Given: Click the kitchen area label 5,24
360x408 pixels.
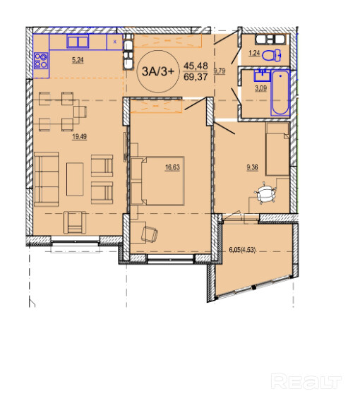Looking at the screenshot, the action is point(78,61).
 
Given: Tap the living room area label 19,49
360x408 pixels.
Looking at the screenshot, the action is point(79,137).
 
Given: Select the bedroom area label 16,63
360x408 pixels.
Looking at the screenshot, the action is point(172,167).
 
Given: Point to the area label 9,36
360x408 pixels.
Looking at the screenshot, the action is point(252,167).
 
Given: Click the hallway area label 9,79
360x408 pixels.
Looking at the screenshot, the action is point(220,71).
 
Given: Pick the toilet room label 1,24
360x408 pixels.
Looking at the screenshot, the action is point(254,53).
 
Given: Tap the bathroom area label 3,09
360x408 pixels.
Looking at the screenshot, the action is point(260,88).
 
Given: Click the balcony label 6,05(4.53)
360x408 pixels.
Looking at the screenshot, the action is point(242,250).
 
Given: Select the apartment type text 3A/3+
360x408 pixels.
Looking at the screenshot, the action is point(157,71).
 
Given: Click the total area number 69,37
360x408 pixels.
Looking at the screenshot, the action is point(196,77).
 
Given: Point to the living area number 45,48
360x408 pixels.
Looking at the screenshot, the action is point(196,66).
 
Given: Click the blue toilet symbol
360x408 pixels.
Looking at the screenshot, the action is point(272,55).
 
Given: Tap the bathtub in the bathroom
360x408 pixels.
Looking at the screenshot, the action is point(280,93).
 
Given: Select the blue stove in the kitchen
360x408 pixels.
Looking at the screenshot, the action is point(41,61).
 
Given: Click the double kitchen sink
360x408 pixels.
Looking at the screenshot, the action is point(78,42).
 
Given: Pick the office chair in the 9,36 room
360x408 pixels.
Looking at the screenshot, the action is point(265,193).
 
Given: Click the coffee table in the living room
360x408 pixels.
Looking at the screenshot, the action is point(75,179).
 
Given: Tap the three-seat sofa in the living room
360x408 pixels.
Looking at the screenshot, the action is point(47,179).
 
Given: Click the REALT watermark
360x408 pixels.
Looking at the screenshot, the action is point(306,381).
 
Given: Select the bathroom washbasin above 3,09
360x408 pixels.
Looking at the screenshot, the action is point(263,76).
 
